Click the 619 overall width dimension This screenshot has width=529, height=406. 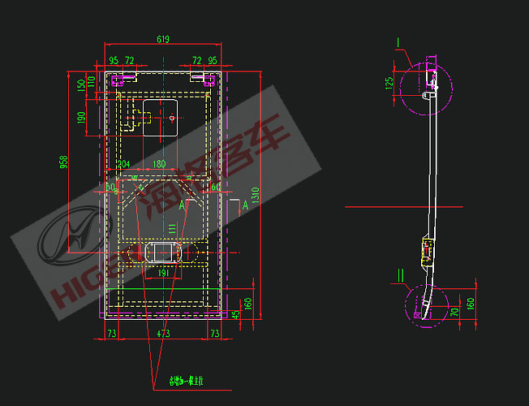pyautogui.click(x=163, y=39)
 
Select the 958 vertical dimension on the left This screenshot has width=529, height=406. pyautogui.click(x=64, y=162)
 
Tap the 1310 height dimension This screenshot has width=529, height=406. pyautogui.click(x=254, y=195)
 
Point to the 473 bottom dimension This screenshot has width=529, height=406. pyautogui.click(x=163, y=333)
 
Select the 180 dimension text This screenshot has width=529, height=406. pyautogui.click(x=159, y=164)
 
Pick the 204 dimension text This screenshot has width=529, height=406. pyautogui.click(x=124, y=164)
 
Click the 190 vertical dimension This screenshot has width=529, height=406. pyautogui.click(x=81, y=118)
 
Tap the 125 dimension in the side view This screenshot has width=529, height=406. pyautogui.click(x=389, y=83)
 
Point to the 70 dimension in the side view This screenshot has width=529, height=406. pyautogui.click(x=454, y=310)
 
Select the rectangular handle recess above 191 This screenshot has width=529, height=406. pyautogui.click(x=162, y=252)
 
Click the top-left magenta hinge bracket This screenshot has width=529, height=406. pyautogui.click(x=116, y=80)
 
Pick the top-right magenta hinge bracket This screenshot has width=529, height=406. pyautogui.click(x=209, y=80)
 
